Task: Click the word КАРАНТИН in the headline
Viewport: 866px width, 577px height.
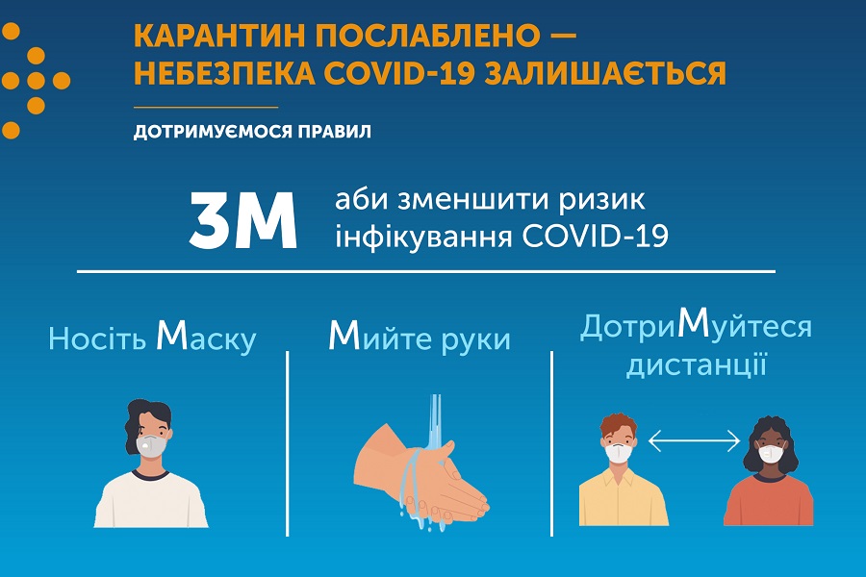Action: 219,37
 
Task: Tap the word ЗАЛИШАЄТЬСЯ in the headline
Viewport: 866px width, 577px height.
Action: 605,74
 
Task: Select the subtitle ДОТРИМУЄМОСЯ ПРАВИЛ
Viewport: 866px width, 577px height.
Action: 252,132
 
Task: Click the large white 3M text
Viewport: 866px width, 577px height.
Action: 243,220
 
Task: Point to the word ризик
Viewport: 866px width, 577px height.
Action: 601,200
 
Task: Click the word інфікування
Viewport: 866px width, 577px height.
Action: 423,237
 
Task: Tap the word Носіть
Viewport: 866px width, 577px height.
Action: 97,339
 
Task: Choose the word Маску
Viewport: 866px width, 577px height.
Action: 206,337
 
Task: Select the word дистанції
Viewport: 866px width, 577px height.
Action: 697,366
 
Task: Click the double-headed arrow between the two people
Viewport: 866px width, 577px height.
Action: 694,440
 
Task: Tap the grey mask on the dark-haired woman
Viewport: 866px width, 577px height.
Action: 151,443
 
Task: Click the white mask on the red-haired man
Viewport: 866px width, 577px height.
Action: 619,453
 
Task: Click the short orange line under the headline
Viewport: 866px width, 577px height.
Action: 206,107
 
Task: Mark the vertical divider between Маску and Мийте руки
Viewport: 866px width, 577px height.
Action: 288,443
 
